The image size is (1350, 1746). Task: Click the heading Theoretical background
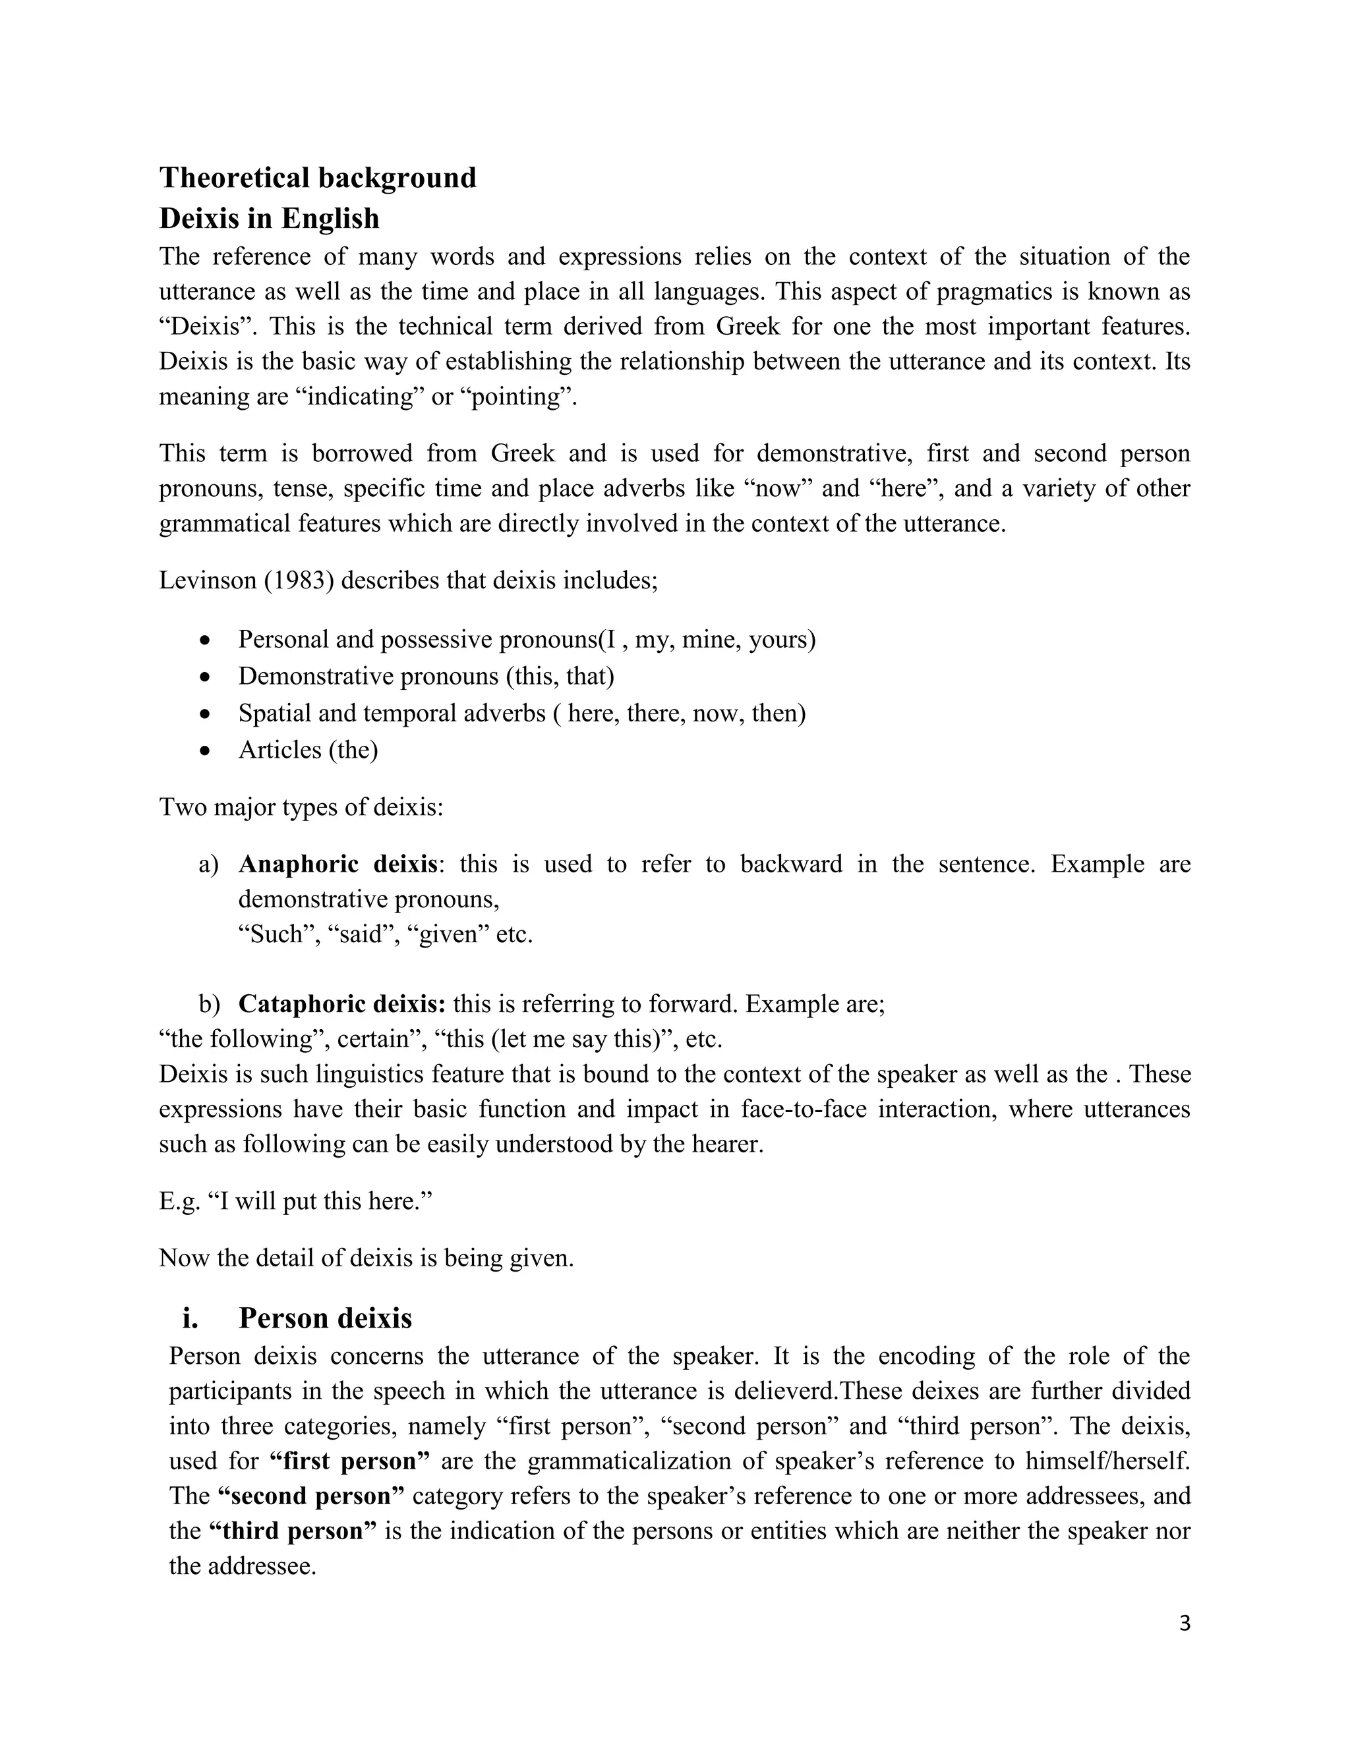318,177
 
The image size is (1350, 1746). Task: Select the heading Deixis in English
269,218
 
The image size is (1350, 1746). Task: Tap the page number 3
1185,1623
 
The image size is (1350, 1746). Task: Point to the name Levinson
207,580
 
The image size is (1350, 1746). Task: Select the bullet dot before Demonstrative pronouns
206,678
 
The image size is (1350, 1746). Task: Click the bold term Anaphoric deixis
337,864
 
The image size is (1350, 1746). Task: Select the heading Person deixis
325,1318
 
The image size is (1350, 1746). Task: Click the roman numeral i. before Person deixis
191,1318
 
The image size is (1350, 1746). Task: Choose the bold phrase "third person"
293,1531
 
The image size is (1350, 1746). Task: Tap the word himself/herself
1103,1461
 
